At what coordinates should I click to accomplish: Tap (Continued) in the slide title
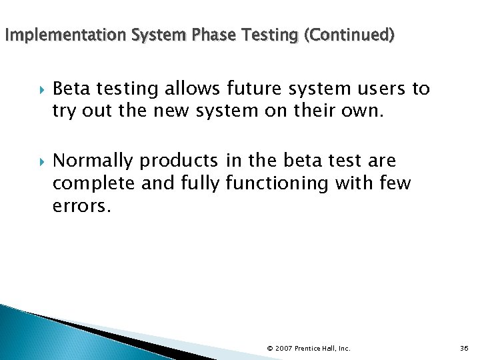click(349, 34)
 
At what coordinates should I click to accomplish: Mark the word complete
click(91, 183)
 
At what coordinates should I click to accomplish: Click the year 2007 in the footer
click(284, 348)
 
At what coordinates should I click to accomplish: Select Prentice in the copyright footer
click(309, 348)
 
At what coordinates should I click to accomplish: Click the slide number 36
click(465, 348)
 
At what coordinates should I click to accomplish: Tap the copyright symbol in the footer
click(269, 348)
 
